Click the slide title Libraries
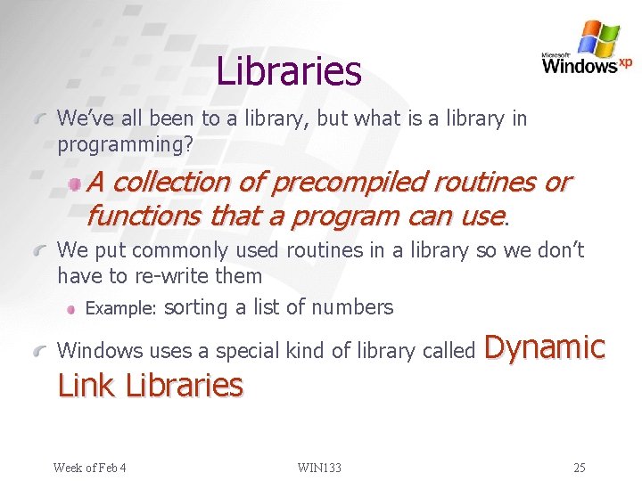(x=289, y=70)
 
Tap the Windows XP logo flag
(x=597, y=37)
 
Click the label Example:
(x=121, y=308)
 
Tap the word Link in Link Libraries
(x=87, y=385)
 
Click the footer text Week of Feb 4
(x=89, y=468)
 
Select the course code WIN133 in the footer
(x=320, y=468)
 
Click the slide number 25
(x=580, y=468)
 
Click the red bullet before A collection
(x=78, y=183)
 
